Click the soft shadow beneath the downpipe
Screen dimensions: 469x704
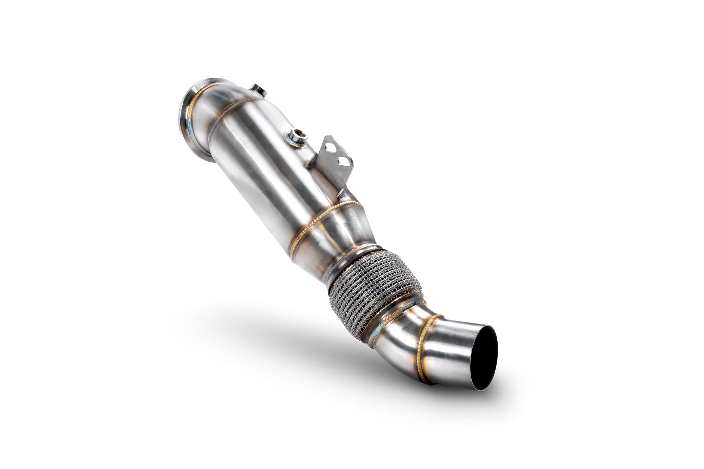[x=282, y=324]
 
